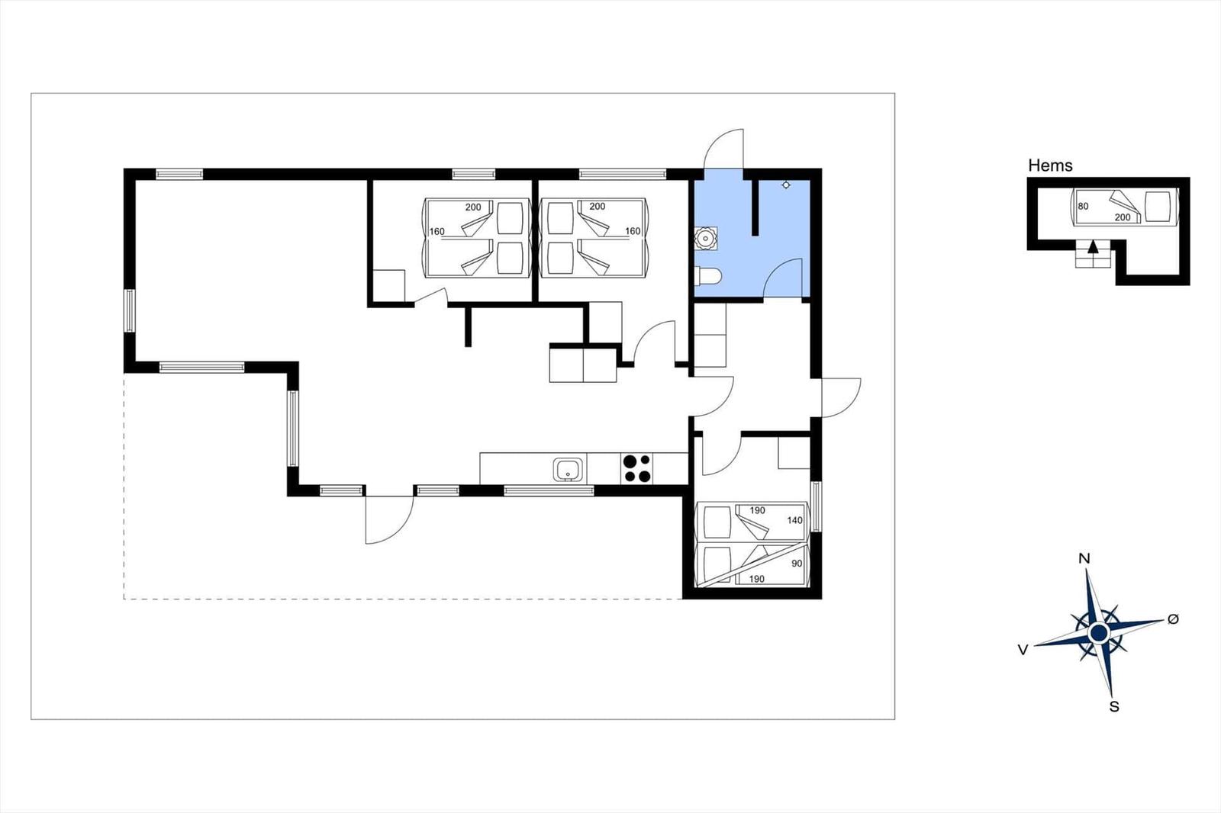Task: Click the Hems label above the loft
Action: pos(1050,165)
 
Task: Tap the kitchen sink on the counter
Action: pos(568,469)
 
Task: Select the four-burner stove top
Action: pos(637,468)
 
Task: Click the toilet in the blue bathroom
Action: pos(708,277)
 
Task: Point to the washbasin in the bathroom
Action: pos(706,238)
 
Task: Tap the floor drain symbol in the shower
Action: pos(785,185)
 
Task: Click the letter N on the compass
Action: pos(1084,558)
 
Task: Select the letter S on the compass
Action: pos(1114,707)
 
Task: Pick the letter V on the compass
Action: pos(1023,650)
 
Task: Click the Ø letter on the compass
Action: pos(1173,619)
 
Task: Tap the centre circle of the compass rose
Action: pos(1099,633)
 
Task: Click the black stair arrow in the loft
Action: pos(1092,247)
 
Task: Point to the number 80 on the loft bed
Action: pos(1083,207)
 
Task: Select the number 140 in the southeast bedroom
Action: pos(794,520)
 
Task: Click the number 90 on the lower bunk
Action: pos(797,564)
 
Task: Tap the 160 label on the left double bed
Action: pos(437,232)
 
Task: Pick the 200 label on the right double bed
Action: pos(598,207)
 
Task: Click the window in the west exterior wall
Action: pos(129,310)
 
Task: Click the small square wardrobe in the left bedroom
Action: pos(388,285)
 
